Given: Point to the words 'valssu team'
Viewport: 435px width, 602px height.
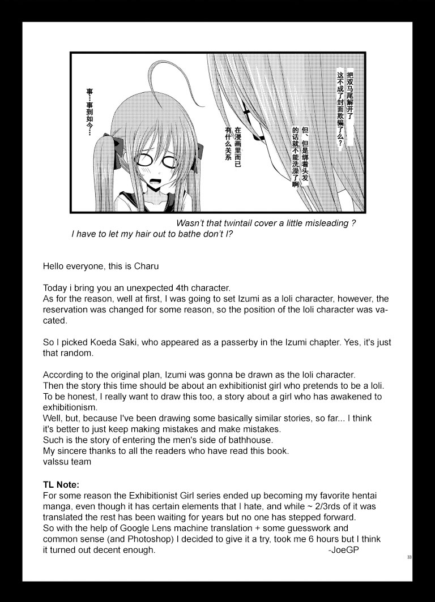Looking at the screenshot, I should (67, 461).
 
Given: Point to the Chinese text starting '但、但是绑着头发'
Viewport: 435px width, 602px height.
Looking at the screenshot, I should (300, 156).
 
